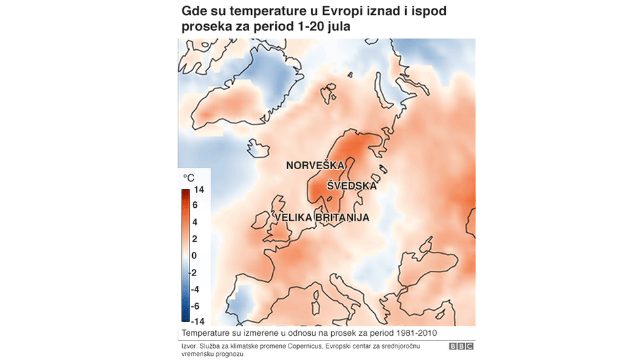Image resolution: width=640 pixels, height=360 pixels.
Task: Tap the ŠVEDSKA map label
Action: tap(352, 186)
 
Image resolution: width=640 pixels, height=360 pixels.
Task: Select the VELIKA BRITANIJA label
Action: tap(322, 217)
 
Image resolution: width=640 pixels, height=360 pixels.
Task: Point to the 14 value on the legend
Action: tap(199, 190)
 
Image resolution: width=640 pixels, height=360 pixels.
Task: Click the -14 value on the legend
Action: tap(197, 321)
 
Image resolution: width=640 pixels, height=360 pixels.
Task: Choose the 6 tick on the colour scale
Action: tap(195, 205)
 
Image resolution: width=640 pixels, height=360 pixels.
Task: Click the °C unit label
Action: tap(188, 178)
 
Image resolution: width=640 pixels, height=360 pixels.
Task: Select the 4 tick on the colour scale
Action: tap(195, 222)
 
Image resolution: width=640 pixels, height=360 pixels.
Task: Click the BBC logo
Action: tap(461, 346)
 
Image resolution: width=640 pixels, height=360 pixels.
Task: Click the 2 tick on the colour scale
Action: tap(195, 239)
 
